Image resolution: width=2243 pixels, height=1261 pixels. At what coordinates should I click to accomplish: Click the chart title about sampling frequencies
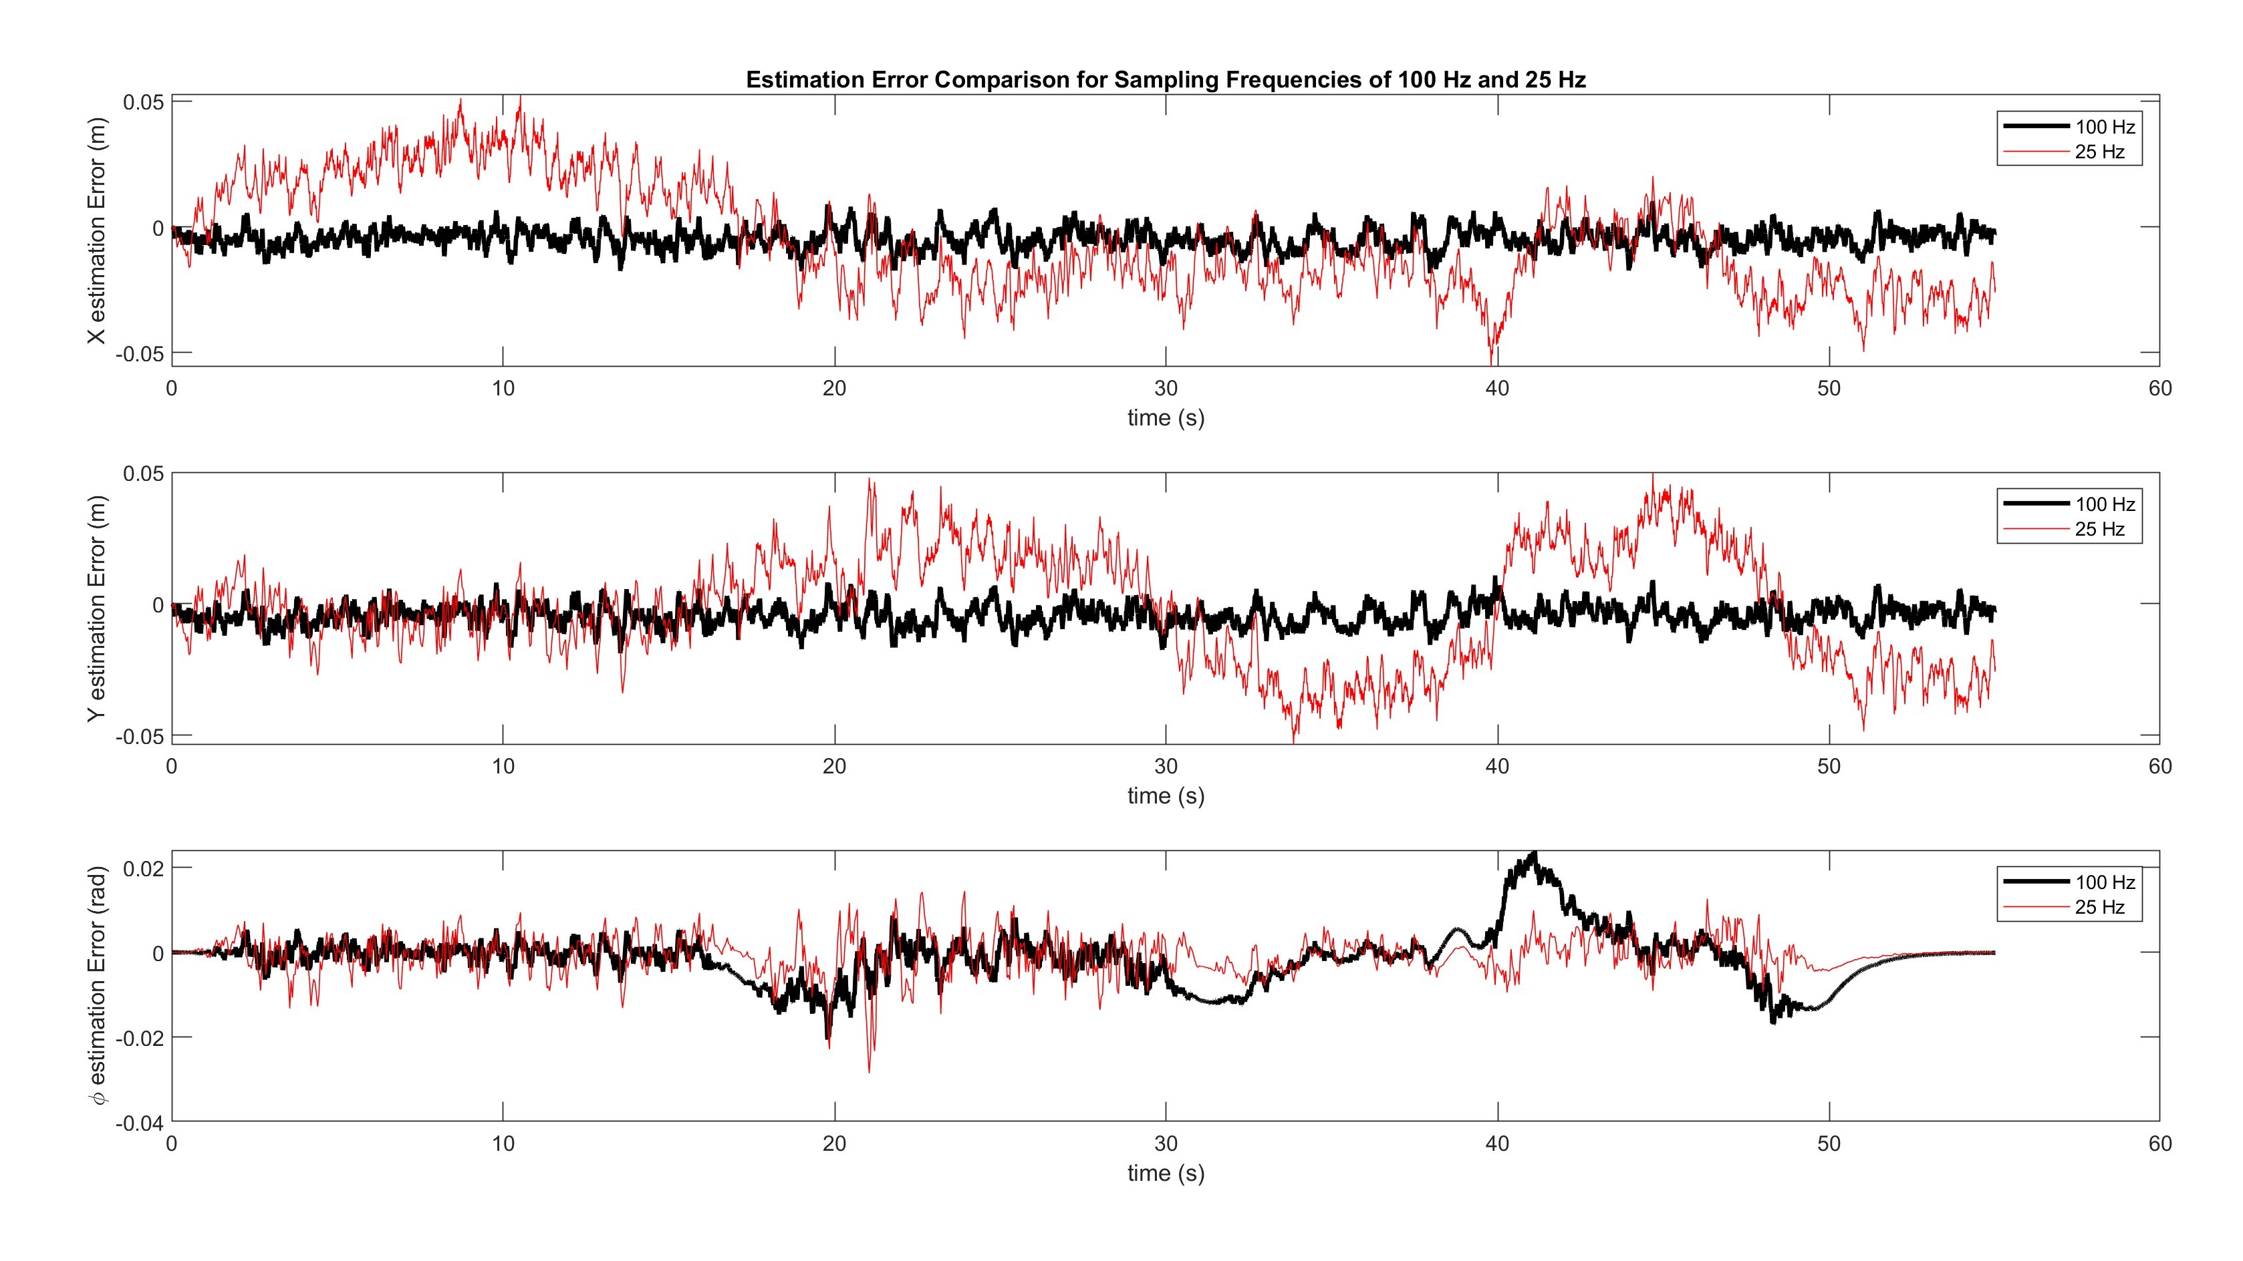[1165, 80]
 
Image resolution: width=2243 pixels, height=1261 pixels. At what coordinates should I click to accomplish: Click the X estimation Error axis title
[97, 230]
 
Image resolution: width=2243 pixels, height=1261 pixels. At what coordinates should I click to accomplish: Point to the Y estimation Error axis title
[97, 607]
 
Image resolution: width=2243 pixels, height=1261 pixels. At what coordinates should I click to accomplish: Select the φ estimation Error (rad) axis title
[97, 985]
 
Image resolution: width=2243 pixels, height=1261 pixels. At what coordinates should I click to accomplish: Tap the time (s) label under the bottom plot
[1165, 1173]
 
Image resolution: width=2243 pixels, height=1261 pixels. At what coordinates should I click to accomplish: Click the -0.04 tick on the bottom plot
[139, 1123]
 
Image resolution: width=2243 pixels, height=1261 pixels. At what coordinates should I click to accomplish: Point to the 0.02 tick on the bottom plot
[144, 868]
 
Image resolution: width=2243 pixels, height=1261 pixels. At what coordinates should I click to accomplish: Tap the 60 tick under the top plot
[2159, 389]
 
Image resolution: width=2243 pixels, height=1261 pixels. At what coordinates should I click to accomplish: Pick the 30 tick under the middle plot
[1165, 767]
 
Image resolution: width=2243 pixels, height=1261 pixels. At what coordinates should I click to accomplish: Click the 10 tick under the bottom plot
[503, 1143]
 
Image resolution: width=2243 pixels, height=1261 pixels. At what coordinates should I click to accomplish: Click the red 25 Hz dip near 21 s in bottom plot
[869, 1071]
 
